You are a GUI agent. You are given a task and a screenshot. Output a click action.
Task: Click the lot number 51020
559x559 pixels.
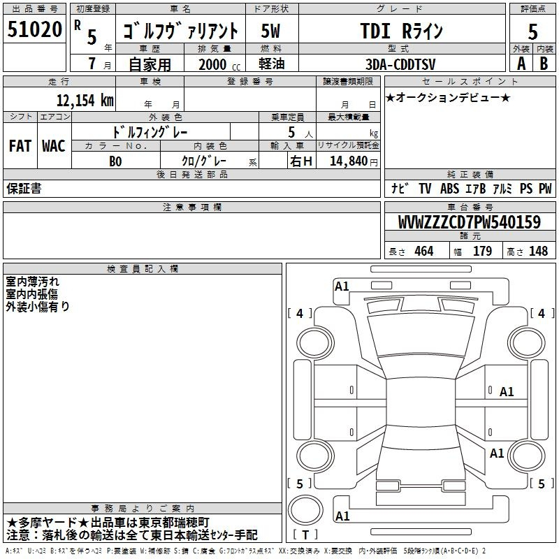(34, 29)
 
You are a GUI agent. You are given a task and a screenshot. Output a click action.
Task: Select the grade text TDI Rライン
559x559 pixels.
(402, 31)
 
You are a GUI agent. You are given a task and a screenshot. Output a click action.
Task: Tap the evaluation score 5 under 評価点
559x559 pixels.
(532, 31)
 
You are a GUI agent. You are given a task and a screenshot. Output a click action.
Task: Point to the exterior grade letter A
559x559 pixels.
(521, 64)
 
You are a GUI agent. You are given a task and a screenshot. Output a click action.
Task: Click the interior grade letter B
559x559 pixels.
(544, 64)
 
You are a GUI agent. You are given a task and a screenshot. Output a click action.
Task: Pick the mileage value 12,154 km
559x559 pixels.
(85, 100)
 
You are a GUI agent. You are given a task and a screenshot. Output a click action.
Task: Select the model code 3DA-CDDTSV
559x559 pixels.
(400, 64)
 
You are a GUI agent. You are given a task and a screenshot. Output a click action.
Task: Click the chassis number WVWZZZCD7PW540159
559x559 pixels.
(470, 222)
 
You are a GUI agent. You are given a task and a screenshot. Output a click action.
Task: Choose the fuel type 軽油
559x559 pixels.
(272, 64)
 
